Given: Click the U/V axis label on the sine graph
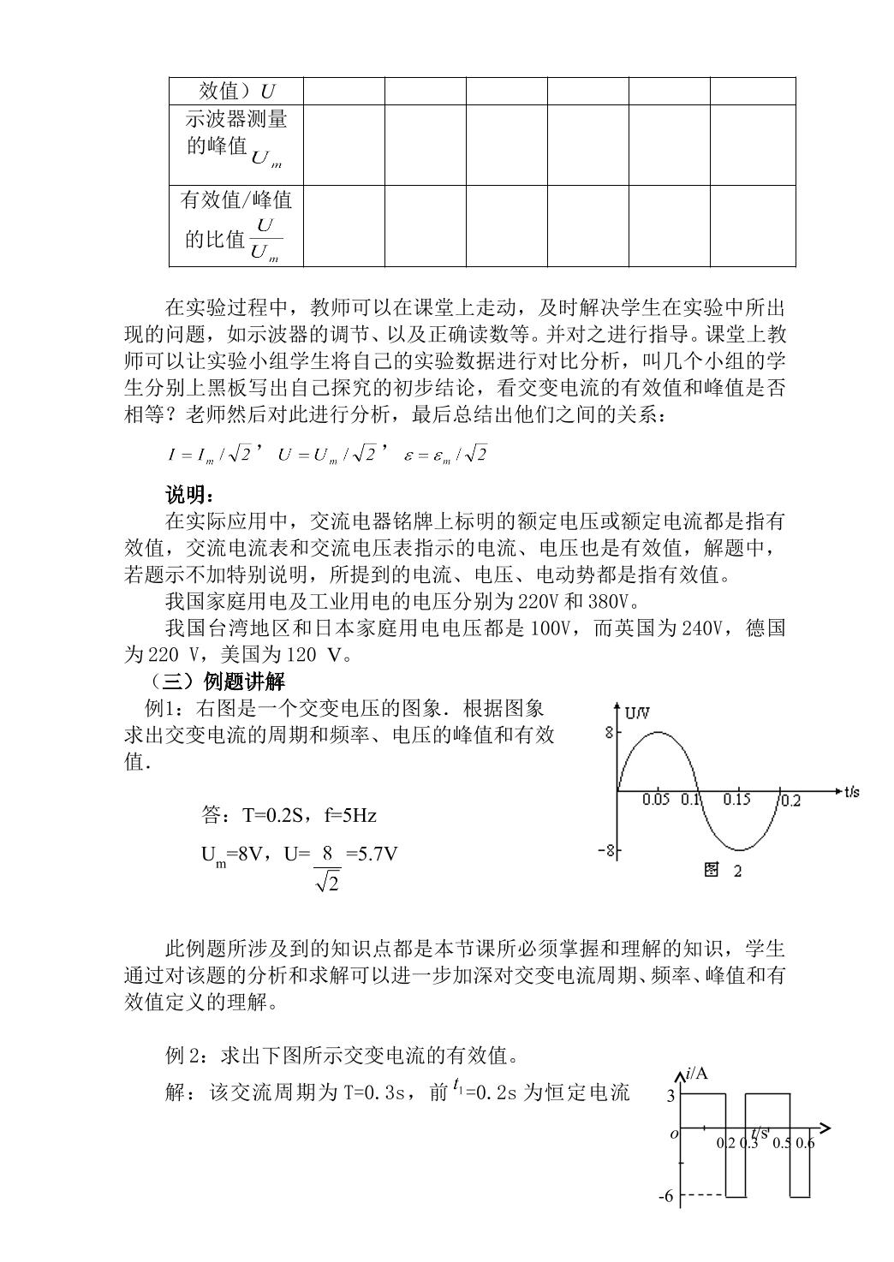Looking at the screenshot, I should (x=637, y=712).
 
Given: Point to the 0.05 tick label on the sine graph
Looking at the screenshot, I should (x=657, y=800).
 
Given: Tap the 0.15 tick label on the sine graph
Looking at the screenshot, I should (x=736, y=800).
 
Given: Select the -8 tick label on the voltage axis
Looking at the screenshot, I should (x=605, y=850).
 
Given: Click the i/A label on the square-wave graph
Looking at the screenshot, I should (x=697, y=1074).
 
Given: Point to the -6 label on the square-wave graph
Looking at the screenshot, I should (x=665, y=1196).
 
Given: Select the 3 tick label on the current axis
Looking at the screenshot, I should (x=670, y=1095).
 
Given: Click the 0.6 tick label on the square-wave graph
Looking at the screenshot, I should (x=805, y=1143).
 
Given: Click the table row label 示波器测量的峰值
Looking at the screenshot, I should (x=235, y=133).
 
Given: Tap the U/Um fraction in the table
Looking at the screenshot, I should (x=265, y=240).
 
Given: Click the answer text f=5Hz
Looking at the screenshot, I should (x=350, y=815).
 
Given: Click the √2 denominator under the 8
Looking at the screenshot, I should (x=327, y=880).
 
